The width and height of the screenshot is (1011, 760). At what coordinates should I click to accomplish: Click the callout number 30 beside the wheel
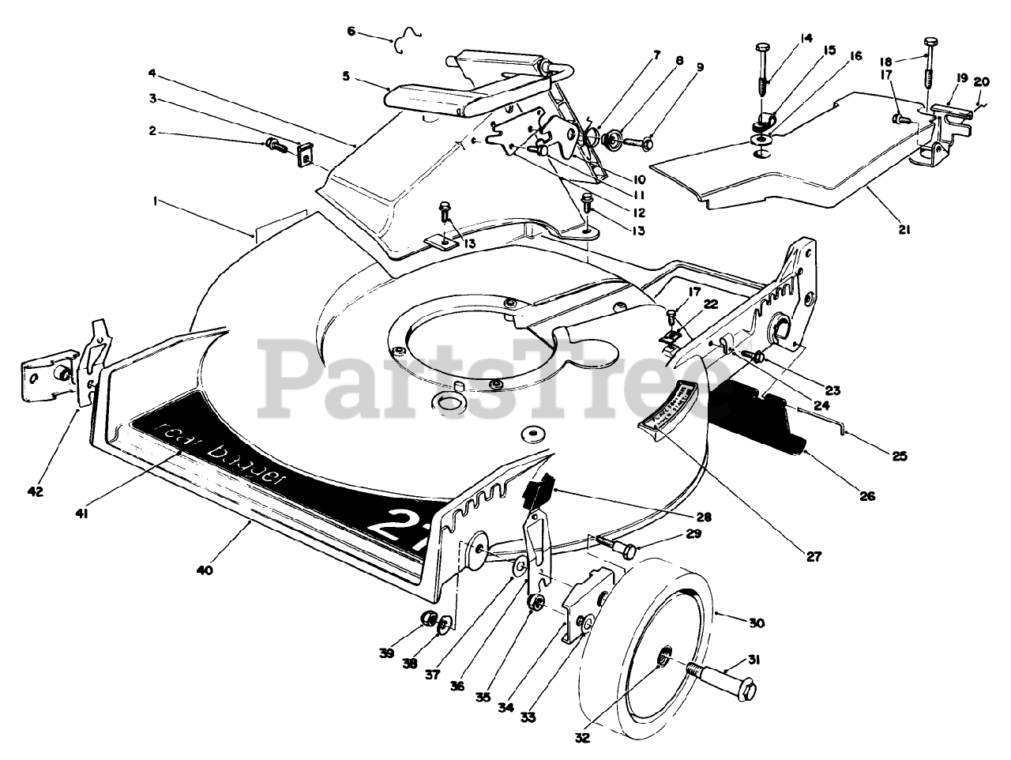756,623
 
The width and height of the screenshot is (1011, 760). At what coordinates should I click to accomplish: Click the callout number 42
34,492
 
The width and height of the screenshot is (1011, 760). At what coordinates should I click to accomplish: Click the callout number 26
867,497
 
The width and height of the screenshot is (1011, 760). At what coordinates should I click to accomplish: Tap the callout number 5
345,77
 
